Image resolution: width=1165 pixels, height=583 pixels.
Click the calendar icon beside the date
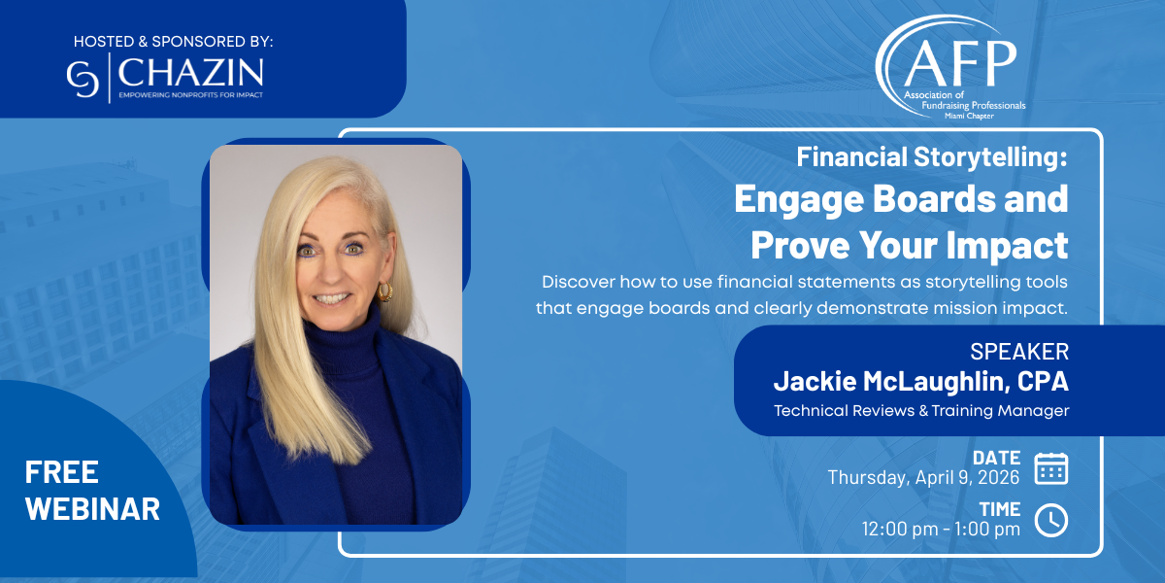(1051, 468)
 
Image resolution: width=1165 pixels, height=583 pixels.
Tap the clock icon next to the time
(1051, 520)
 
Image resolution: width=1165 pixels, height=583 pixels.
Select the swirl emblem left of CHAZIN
(83, 79)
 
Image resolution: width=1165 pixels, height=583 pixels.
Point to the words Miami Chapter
(969, 116)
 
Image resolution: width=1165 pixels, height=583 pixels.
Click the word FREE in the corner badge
(62, 472)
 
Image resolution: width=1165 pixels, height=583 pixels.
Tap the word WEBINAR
(92, 508)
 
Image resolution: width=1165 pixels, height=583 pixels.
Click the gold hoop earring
(384, 291)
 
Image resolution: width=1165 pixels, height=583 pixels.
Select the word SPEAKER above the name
(1019, 352)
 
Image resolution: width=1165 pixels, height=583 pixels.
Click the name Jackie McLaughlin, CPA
(921, 381)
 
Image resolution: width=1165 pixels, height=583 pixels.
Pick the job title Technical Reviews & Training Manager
(921, 411)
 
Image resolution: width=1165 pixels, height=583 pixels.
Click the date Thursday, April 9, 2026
(923, 477)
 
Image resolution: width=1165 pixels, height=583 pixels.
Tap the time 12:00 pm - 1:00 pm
(941, 529)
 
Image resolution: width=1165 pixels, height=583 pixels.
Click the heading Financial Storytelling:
(932, 157)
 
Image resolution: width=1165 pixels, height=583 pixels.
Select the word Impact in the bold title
(1007, 245)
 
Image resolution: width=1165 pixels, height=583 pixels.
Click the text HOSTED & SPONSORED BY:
(173, 42)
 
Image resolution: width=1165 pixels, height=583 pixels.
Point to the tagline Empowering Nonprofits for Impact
(191, 95)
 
